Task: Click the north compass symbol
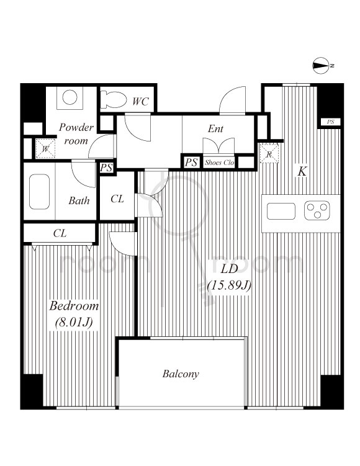(321, 65)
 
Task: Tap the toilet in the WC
(113, 99)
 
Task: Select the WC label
(140, 101)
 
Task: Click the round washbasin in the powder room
(70, 97)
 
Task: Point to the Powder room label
(76, 134)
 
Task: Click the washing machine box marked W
(45, 148)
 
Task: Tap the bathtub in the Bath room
(39, 192)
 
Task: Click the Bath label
(79, 200)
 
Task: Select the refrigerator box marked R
(269, 153)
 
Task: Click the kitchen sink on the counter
(281, 211)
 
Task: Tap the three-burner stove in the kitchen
(317, 210)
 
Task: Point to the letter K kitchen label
(302, 171)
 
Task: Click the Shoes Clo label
(219, 163)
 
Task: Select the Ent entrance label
(215, 128)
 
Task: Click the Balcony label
(181, 374)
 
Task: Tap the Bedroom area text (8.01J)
(74, 322)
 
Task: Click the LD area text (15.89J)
(229, 285)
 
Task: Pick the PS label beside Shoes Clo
(191, 163)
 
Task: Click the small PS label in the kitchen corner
(330, 122)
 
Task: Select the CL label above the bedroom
(60, 233)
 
